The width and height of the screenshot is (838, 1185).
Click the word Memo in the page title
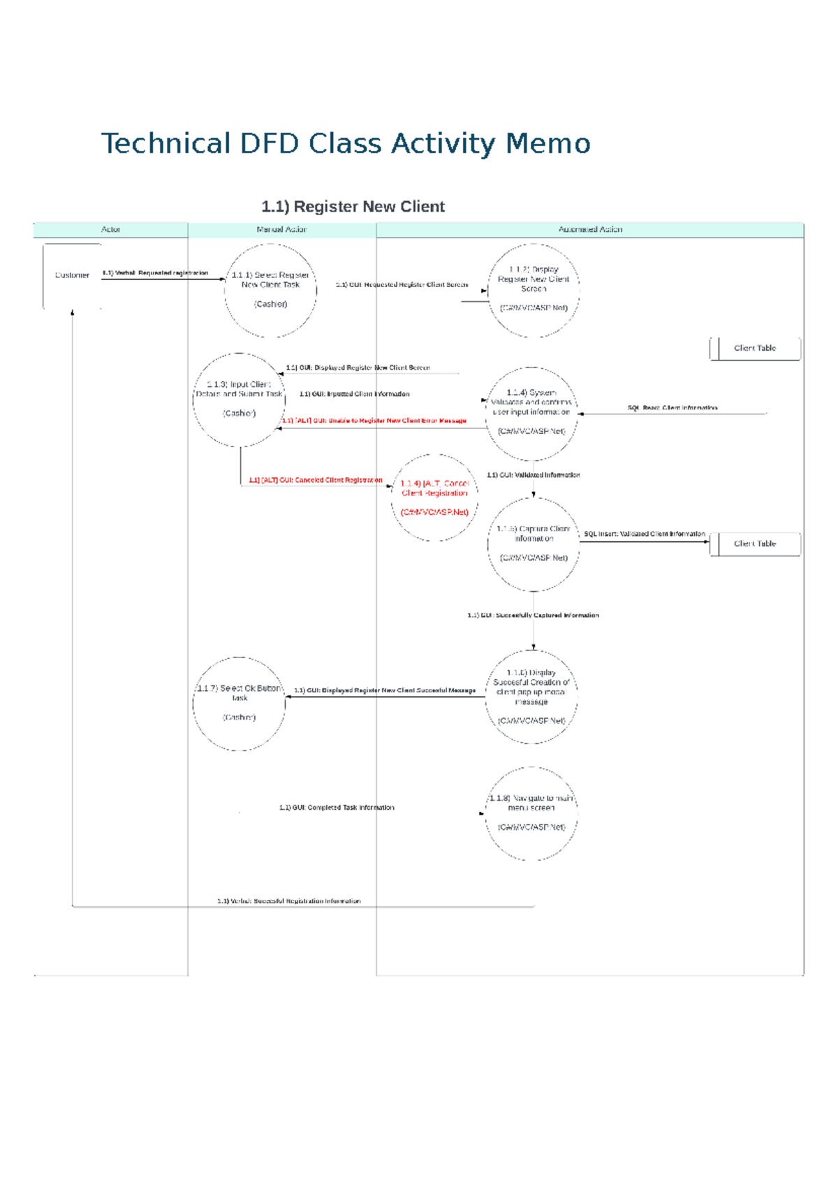547,144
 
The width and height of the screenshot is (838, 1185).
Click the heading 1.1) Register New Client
353,207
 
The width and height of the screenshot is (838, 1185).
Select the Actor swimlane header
110,230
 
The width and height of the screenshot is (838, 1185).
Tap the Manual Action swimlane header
281,230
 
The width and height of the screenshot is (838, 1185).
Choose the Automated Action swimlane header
590,230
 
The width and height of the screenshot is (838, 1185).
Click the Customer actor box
72,276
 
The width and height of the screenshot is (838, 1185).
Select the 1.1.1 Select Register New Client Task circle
270,290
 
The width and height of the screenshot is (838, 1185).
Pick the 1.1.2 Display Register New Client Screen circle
534,290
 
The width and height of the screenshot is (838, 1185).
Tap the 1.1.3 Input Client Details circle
239,400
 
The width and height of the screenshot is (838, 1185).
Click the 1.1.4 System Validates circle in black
531,413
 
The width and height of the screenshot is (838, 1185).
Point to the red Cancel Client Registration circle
434,497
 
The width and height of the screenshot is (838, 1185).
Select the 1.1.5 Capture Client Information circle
534,544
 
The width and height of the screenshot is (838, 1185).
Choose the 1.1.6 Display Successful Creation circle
531,697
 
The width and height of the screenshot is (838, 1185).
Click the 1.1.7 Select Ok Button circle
239,704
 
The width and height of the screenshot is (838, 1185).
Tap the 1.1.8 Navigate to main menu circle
531,813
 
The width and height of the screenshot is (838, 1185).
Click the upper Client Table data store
755,349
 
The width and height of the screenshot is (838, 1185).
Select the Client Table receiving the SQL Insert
755,544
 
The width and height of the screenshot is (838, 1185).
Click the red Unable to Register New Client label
374,421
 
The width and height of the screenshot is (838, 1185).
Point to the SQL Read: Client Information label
672,408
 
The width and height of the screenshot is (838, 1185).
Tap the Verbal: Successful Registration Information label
288,901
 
